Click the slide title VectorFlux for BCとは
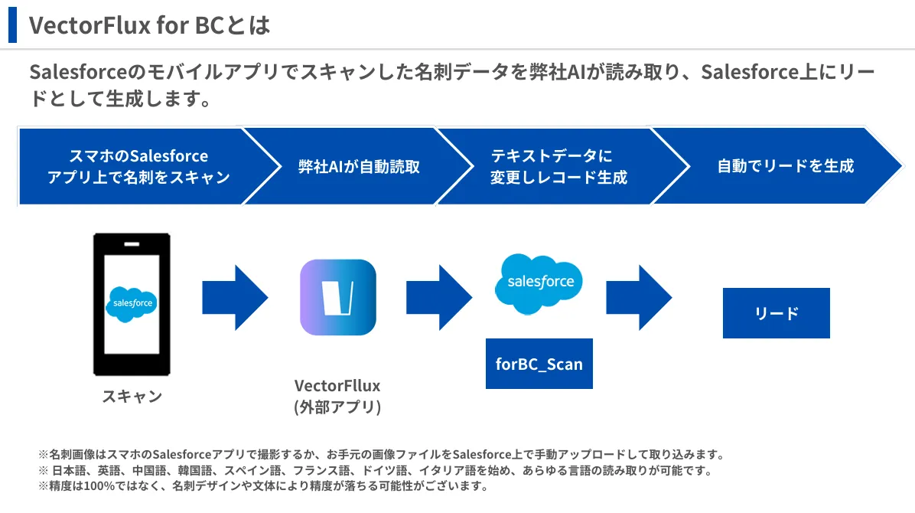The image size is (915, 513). pos(150,25)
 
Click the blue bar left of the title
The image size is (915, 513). pos(12,25)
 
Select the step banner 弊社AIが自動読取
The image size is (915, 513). pos(359,166)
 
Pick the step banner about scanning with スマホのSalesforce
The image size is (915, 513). pos(138,166)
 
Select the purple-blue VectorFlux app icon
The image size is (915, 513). pos(337,297)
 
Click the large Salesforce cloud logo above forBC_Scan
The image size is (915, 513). pos(540,283)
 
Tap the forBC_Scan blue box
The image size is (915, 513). pos(539,364)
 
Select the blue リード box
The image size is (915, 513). pos(776,313)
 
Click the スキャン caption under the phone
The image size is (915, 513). pos(132,396)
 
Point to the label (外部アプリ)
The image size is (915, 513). pos(337,407)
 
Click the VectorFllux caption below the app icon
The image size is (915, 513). pos(337,385)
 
